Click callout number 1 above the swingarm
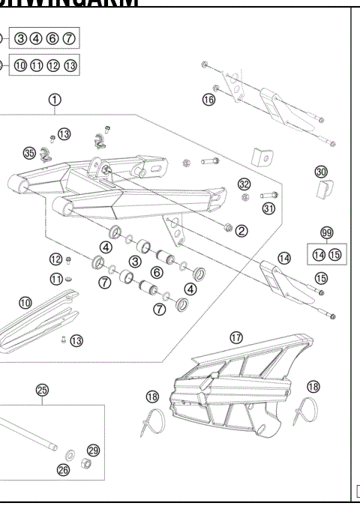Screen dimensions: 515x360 point(55,99)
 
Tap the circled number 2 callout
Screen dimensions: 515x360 point(241,230)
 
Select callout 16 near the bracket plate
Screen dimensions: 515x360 point(208,99)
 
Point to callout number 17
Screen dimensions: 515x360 point(236,337)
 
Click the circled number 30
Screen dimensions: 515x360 point(321,172)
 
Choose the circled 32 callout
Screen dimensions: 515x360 point(244,184)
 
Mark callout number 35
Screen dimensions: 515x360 point(29,153)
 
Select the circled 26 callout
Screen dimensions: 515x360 point(63,470)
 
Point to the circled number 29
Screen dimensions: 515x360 point(93,450)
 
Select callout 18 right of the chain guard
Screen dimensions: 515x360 point(313,386)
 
